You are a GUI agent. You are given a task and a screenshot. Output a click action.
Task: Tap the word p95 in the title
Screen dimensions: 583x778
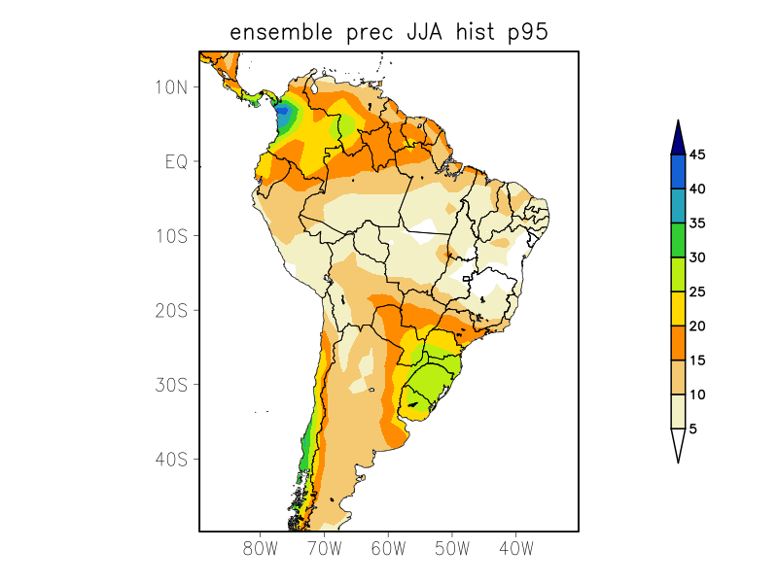pos(525,33)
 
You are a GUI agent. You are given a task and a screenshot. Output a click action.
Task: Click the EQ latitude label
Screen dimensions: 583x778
pos(176,161)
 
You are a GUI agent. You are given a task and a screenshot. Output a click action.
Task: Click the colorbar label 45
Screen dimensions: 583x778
pos(697,154)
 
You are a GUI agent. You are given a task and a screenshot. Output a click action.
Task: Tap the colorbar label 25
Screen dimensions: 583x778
pos(697,291)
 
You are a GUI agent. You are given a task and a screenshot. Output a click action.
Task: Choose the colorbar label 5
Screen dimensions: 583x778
pos(693,429)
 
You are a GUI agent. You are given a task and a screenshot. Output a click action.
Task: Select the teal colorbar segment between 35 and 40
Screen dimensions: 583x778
pos(678,206)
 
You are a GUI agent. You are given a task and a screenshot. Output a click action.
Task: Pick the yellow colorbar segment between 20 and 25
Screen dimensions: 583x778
pos(678,309)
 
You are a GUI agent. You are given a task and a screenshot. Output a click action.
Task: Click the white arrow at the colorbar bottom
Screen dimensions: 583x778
pos(678,444)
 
